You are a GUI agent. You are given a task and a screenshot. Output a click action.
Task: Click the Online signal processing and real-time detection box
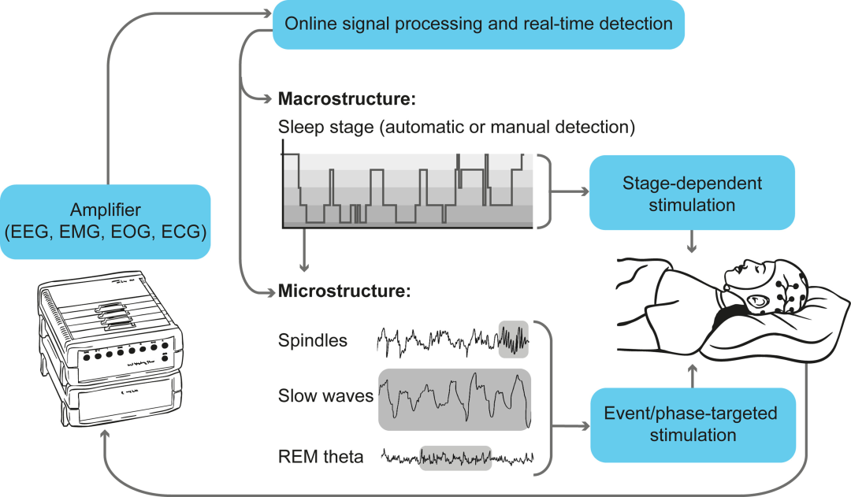478,24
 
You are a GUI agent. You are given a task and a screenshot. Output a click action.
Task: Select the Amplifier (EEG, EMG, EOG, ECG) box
106,221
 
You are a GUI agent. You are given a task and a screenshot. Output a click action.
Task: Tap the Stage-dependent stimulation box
692,193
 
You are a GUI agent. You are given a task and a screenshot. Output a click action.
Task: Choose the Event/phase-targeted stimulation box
693,425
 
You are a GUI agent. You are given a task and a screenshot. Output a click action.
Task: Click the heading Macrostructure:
347,98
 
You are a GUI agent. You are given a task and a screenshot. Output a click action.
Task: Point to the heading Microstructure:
344,291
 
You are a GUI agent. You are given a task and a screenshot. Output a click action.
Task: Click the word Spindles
313,340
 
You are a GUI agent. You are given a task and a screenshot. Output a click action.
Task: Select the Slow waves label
325,395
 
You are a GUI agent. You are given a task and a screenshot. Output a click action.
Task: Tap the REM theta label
321,457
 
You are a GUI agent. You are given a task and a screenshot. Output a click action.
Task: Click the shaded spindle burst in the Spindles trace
514,339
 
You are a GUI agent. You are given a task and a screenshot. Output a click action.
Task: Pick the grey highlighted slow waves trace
455,400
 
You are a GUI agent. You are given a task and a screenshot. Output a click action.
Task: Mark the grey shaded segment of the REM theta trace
456,458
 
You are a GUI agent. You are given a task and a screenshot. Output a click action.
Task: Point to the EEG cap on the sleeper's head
787,287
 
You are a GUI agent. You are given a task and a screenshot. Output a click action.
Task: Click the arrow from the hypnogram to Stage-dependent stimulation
570,191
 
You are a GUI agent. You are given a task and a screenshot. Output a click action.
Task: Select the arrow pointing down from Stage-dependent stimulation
692,242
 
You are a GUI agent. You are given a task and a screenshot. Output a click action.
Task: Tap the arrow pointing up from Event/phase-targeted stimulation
693,376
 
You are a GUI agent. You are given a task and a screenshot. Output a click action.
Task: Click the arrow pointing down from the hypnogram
304,250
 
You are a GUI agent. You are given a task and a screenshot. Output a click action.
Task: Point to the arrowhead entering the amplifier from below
105,435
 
